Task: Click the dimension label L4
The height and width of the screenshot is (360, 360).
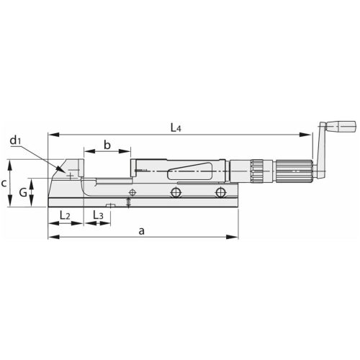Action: pos(175,127)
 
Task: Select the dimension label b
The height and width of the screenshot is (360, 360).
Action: pos(107,145)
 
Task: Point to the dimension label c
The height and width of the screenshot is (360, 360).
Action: pos(5,183)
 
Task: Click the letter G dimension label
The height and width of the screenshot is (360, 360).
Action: pos(24,192)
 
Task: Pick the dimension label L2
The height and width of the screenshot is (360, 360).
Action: pos(63,215)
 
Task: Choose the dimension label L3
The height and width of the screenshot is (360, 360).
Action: pos(98,215)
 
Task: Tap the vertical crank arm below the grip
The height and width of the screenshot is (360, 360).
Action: pos(317,155)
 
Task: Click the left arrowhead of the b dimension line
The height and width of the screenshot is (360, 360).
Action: pos(86,152)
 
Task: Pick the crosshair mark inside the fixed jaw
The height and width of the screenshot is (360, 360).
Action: pos(69,174)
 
